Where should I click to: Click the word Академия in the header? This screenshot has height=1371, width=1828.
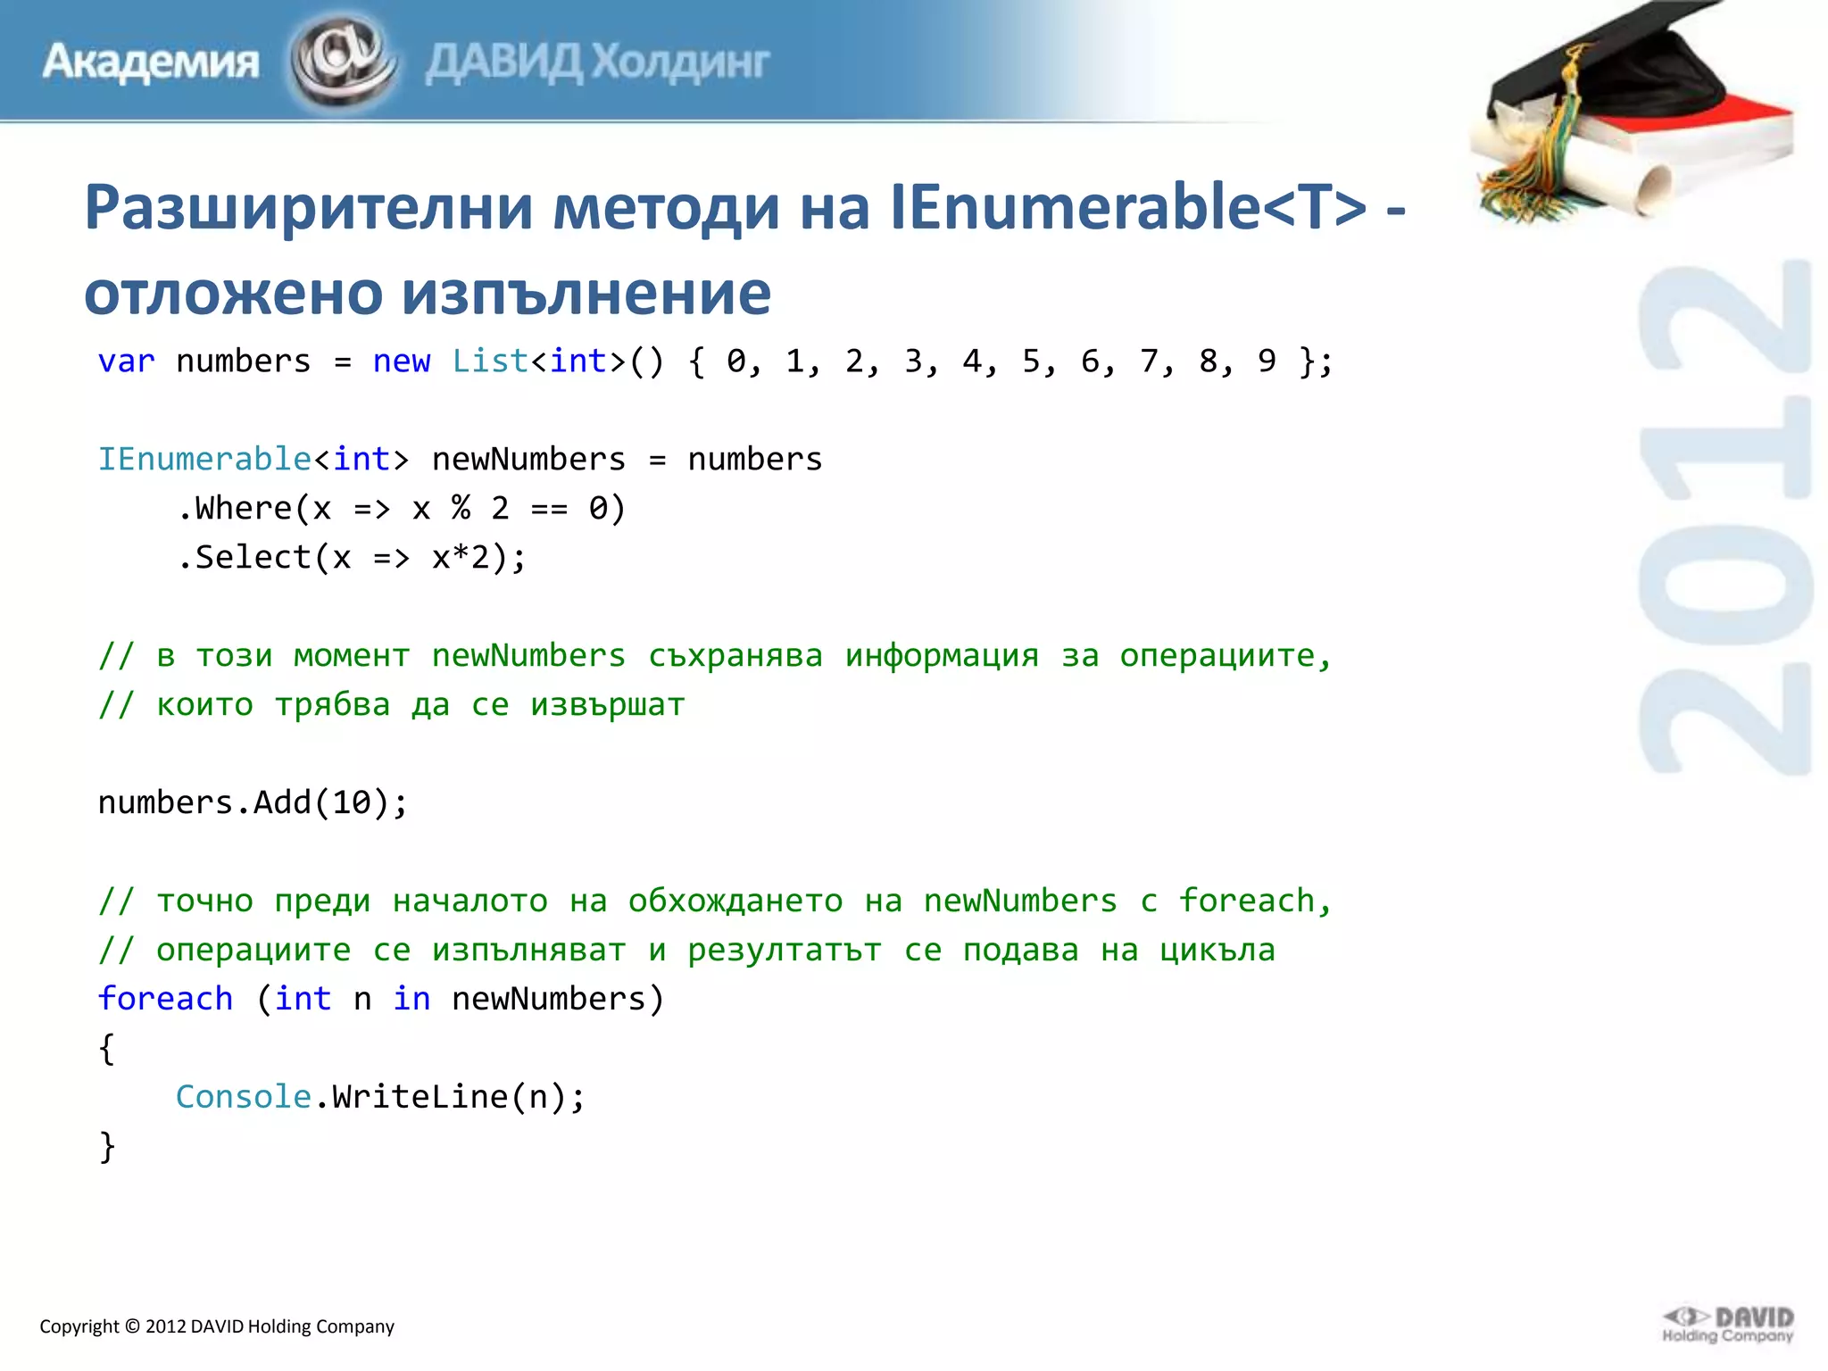click(150, 62)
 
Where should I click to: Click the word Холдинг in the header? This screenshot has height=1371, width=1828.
click(681, 62)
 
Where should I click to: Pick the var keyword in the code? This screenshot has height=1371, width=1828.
click(126, 361)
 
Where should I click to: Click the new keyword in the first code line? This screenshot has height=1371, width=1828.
click(402, 361)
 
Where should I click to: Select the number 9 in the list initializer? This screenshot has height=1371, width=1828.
click(1267, 361)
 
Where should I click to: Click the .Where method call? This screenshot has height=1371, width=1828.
click(234, 509)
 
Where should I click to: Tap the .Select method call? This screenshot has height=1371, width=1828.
click(244, 558)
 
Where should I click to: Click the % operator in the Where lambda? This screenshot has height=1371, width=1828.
click(461, 509)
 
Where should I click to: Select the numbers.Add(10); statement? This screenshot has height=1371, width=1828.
click(253, 802)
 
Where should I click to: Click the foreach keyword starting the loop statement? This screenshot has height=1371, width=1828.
click(165, 999)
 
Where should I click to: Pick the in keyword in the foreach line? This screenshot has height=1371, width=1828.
click(411, 999)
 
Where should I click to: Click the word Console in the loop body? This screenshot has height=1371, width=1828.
click(243, 1097)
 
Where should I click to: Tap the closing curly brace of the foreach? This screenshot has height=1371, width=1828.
click(107, 1146)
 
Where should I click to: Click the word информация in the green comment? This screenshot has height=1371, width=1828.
click(942, 656)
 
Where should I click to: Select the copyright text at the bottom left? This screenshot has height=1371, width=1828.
click(217, 1326)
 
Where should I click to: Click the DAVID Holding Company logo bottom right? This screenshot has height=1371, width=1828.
click(1727, 1325)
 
